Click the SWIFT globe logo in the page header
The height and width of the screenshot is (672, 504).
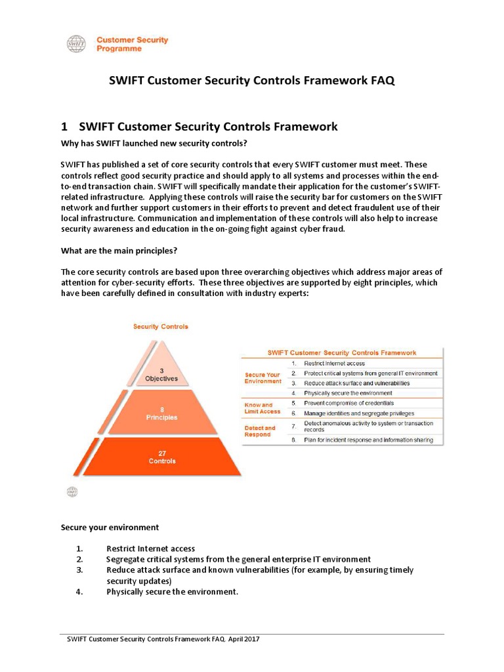76,44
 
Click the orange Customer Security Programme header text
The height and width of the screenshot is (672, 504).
132,44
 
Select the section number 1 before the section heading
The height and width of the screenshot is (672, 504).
64,127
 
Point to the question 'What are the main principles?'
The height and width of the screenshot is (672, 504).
119,250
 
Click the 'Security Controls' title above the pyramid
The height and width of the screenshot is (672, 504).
161,326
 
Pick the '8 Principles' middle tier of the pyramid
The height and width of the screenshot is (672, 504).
161,413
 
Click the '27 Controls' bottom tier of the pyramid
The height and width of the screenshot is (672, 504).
161,457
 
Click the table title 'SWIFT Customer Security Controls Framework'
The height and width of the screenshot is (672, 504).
341,352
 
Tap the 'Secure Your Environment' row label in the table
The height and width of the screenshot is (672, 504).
262,378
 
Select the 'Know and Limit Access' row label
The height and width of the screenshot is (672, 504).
262,408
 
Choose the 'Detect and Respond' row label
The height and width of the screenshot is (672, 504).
260,431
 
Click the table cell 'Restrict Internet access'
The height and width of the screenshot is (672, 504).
334,363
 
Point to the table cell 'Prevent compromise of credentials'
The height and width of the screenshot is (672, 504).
348,403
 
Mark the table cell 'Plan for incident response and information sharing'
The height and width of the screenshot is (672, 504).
368,440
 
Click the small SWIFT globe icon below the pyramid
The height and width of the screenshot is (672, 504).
72,492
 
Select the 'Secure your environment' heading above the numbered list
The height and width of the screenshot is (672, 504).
110,527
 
